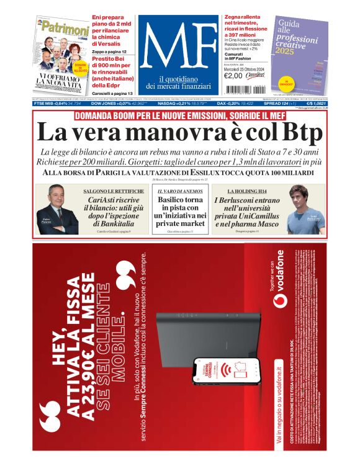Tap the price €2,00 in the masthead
click(233, 76)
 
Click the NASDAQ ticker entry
click(188, 104)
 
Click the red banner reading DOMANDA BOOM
click(180, 116)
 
